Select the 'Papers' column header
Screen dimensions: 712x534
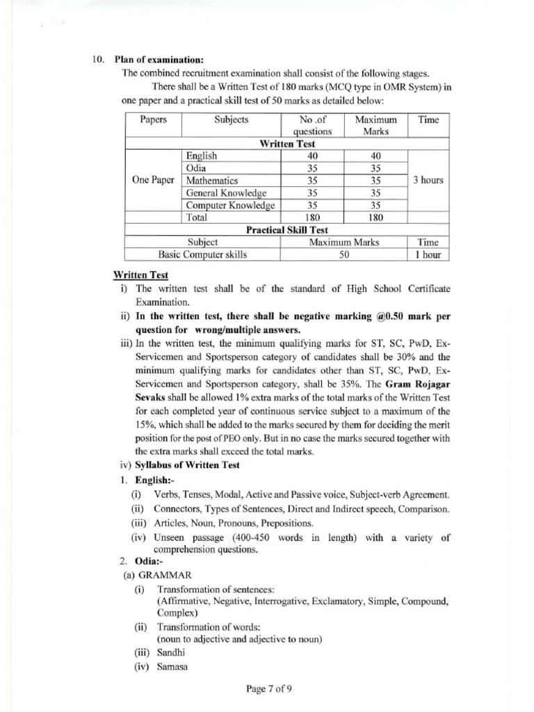pos(153,120)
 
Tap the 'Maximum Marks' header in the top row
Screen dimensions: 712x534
pos(375,125)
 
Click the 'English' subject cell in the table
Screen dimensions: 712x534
pos(202,156)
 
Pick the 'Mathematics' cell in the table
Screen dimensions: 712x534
pos(211,180)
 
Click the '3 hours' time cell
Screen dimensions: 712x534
pos(428,180)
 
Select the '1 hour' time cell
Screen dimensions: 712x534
pos(428,254)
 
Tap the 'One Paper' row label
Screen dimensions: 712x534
pos(153,180)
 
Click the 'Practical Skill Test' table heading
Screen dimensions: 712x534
pos(287,229)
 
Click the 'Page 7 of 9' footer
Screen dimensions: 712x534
pos(268,689)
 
